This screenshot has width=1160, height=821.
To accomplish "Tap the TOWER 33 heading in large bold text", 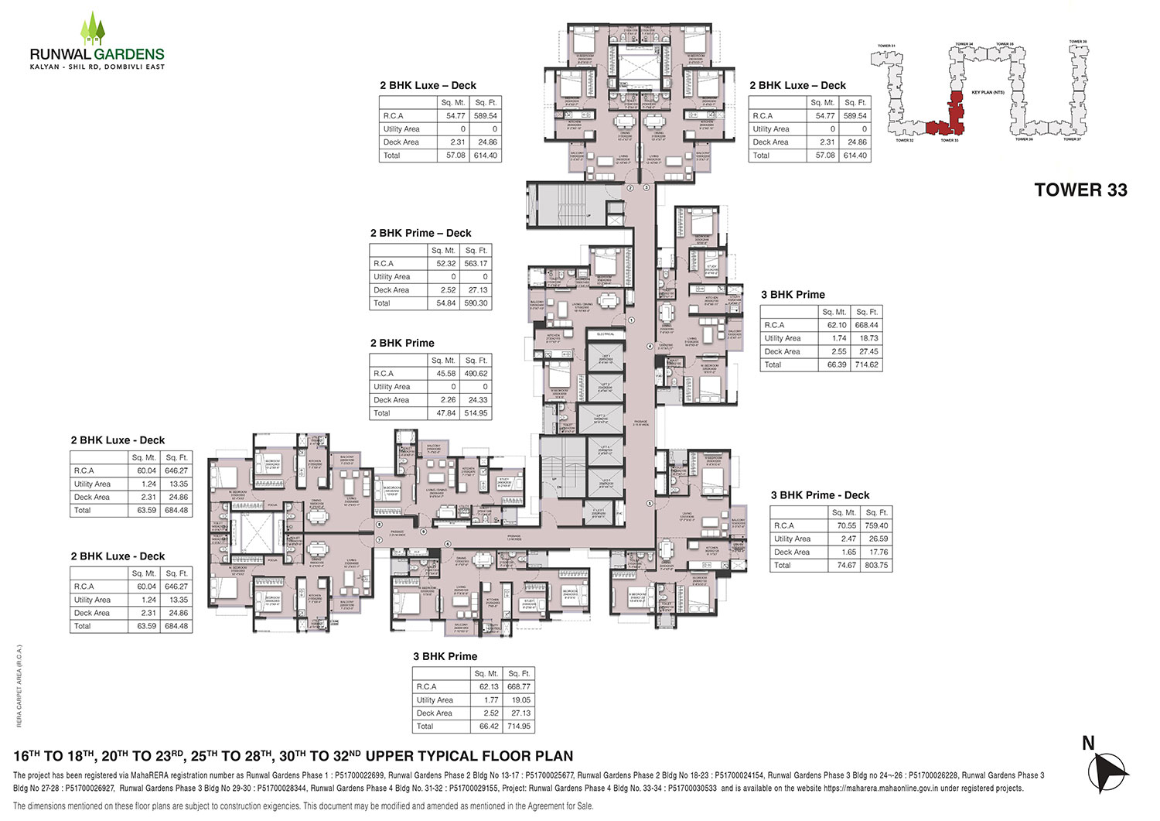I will pyautogui.click(x=1080, y=190).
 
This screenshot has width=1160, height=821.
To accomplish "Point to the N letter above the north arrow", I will pyautogui.click(x=1088, y=744).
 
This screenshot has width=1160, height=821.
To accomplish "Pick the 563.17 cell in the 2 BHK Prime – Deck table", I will pyautogui.click(x=476, y=264).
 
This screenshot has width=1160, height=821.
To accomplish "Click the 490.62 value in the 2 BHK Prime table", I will pyautogui.click(x=476, y=374).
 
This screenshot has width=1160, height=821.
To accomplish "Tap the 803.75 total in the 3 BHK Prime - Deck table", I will pyautogui.click(x=876, y=566).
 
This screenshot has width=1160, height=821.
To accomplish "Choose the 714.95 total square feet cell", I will pyautogui.click(x=518, y=727).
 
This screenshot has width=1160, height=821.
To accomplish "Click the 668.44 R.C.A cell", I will pyautogui.click(x=867, y=325).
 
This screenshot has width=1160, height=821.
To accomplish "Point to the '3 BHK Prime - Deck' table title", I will pyautogui.click(x=820, y=495).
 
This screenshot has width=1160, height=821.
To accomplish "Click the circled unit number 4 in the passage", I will pyautogui.click(x=649, y=346).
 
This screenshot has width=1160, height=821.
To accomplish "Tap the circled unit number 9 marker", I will pyautogui.click(x=423, y=532).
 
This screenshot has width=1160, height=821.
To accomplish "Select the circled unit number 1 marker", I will pyautogui.click(x=631, y=320).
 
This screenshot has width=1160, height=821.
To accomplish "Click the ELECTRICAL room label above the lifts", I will pyautogui.click(x=605, y=334).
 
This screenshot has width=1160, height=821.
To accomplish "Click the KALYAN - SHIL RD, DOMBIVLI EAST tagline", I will pyautogui.click(x=97, y=67).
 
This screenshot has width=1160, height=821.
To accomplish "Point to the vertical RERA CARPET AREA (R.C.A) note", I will pyautogui.click(x=19, y=685).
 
